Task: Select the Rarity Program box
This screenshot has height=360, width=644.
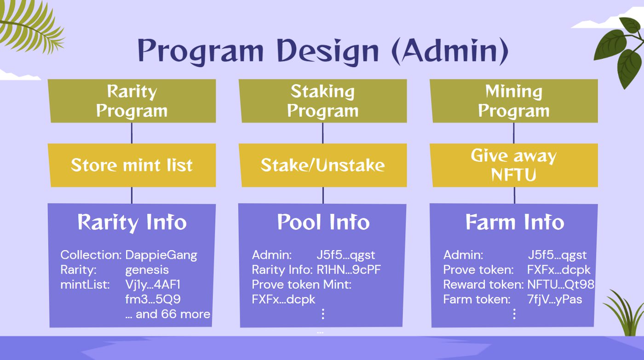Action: coord(132,101)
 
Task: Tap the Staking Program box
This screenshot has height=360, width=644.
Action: coord(322,101)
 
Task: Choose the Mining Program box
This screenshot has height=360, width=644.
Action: coord(514,101)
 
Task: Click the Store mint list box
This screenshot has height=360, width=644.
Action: coord(132,165)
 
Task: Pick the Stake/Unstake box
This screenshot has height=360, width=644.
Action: coord(322,165)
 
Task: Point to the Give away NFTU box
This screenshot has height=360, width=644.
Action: coord(514,165)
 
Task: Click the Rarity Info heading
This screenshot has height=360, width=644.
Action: coord(132,223)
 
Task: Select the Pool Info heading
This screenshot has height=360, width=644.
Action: coord(323,222)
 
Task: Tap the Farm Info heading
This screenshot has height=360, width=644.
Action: coord(515,222)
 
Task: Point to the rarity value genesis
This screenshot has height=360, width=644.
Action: coord(147,270)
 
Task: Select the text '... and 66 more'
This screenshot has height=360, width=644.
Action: coord(167,314)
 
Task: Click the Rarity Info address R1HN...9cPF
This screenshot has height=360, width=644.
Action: coord(349,269)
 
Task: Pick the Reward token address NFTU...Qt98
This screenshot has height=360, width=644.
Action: coord(561,285)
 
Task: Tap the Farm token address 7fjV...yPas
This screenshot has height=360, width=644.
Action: coord(555,300)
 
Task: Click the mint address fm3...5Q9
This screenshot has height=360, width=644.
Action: coord(153,299)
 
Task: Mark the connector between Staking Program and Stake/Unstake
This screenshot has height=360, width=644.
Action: coord(322,133)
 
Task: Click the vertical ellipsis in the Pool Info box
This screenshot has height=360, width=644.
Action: coord(323,314)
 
